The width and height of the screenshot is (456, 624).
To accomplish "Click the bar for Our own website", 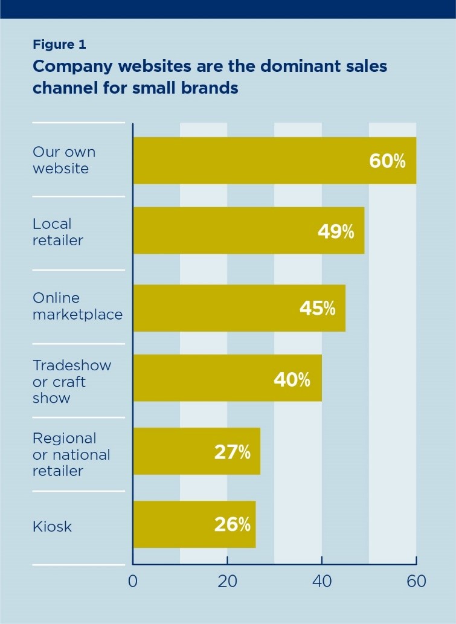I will [274, 161].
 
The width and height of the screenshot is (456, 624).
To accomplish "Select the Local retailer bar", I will [248, 231].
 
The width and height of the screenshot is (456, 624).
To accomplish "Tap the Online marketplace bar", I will [239, 308].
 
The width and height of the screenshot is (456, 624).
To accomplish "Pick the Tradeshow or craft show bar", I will [227, 379].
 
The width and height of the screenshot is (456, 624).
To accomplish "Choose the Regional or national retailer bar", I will [196, 451].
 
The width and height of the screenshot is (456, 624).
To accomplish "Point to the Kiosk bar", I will [194, 524].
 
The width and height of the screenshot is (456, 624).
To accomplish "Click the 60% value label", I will [387, 161].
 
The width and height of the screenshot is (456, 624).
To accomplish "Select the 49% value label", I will [336, 232].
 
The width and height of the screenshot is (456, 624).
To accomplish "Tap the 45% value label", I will [317, 308].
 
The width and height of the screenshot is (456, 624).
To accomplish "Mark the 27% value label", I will [232, 452].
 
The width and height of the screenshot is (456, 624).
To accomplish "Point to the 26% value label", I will [232, 524].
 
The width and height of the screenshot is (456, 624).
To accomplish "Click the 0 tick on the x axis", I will [133, 581].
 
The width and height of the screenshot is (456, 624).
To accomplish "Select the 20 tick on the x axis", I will [227, 581].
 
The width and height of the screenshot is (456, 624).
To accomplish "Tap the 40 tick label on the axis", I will [322, 581].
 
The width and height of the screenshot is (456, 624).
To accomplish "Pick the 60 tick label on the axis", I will [416, 581].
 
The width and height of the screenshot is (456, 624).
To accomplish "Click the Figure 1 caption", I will [59, 45].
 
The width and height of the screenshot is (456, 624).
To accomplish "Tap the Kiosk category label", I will [52, 526].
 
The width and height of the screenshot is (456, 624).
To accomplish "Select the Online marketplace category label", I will [77, 306].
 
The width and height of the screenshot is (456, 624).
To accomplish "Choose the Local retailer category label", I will [58, 232].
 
